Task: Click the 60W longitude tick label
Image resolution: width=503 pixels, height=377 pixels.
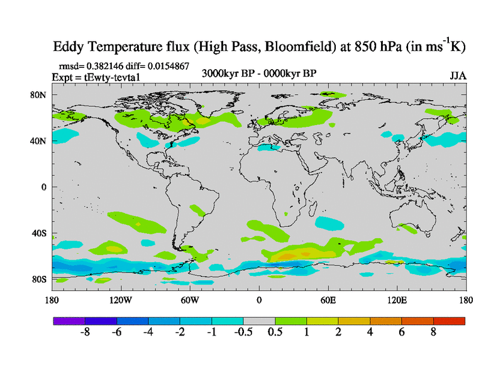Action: point(190,300)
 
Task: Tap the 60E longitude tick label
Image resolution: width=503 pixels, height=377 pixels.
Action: point(328,300)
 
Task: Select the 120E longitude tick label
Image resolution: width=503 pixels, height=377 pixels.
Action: point(397,300)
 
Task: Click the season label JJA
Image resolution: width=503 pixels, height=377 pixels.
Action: point(458,76)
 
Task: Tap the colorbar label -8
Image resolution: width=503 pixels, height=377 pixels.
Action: point(85,332)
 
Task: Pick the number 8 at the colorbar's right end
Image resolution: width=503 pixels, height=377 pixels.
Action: point(433,332)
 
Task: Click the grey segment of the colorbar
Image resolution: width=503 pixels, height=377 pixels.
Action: point(259,320)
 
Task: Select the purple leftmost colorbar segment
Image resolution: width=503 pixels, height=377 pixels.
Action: point(69,320)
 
